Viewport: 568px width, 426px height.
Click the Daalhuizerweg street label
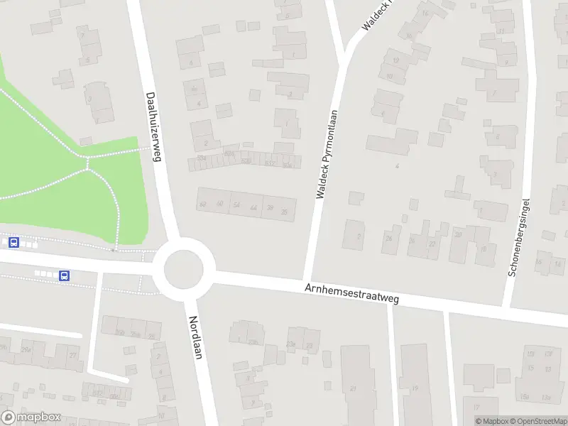point(153,126)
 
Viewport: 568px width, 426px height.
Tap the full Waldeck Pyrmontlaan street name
point(326,152)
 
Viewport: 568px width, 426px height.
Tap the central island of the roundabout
point(184,270)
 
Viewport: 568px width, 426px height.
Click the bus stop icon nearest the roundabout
point(65,275)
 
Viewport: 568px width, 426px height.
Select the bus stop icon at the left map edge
point(13,243)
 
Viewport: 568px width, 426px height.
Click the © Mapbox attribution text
point(491,421)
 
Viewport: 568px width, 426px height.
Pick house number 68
point(203,205)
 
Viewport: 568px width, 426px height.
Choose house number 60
point(220,205)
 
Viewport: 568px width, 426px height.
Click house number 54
point(237,205)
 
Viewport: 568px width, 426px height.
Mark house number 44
point(253,207)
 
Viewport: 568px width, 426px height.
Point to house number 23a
point(290,344)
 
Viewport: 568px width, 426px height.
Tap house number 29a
point(26,349)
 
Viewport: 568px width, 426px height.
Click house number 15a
point(525,396)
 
